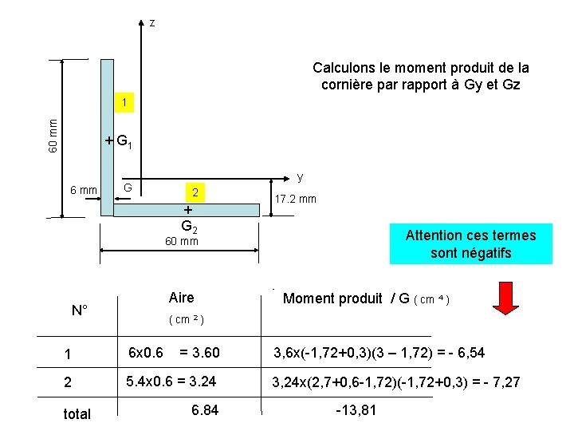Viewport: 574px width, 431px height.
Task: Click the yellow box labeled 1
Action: [124, 102]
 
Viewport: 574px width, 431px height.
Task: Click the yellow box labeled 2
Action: [195, 192]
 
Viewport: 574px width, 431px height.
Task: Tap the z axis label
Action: [152, 23]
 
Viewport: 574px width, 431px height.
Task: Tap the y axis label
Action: [301, 178]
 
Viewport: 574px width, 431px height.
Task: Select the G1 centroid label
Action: [124, 141]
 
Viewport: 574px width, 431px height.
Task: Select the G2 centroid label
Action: [189, 227]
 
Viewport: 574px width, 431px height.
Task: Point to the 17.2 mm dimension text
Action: [296, 199]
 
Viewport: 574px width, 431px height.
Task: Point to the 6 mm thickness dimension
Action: [84, 190]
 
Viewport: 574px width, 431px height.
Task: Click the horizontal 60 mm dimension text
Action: [182, 241]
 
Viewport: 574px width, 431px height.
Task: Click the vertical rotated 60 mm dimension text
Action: [53, 136]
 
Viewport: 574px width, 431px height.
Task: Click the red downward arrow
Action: [505, 299]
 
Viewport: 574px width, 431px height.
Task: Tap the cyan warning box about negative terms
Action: [471, 243]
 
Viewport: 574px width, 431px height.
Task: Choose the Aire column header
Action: [182, 298]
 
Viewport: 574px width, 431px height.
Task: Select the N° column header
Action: [80, 310]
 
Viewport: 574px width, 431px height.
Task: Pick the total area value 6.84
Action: [205, 410]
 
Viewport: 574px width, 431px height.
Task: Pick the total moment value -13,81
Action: [356, 410]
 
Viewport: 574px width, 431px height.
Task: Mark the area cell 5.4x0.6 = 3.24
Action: [171, 382]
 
